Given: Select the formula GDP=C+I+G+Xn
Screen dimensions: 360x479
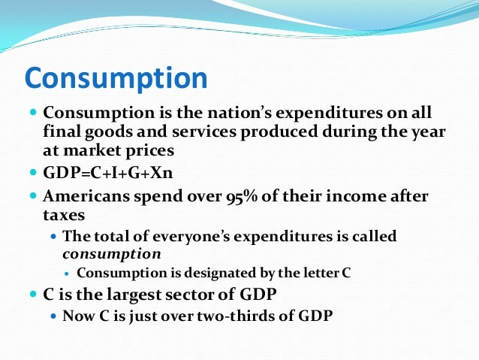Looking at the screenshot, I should click(x=109, y=174).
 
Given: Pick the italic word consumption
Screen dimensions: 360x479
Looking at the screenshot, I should click(x=110, y=253).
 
